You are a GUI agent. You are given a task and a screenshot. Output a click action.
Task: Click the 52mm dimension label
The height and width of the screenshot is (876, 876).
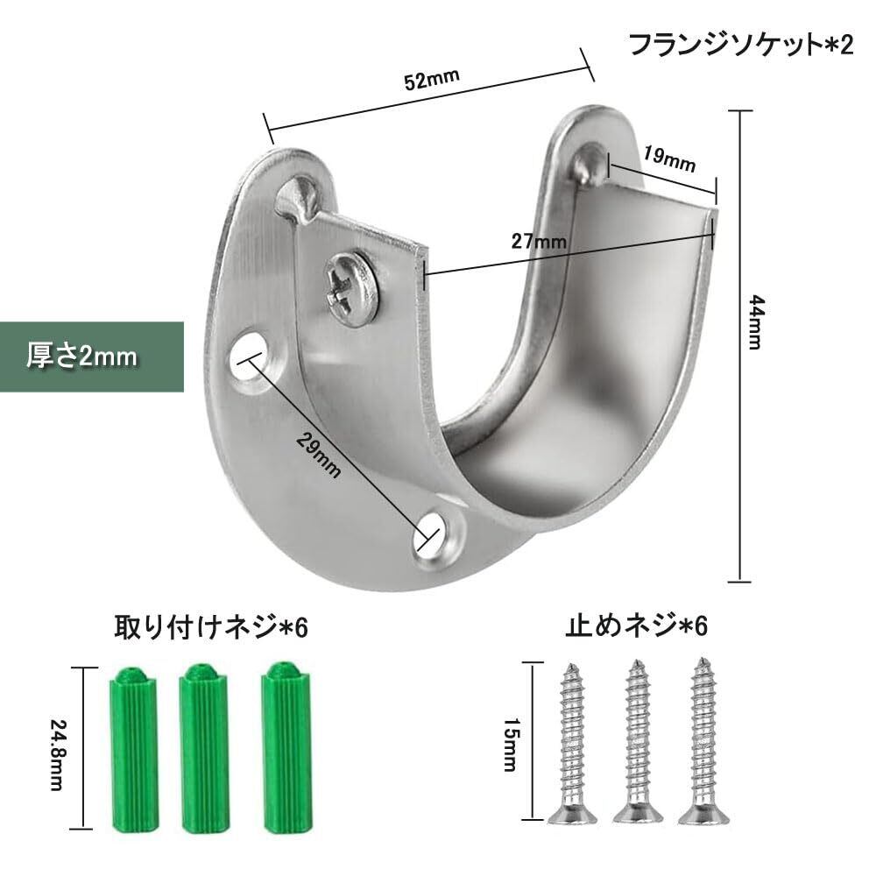[x=431, y=80]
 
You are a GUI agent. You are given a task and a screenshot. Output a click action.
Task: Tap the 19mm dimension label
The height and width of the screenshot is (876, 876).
[x=668, y=159]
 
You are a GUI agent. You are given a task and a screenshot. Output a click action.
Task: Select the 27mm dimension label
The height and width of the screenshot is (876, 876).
[x=539, y=242]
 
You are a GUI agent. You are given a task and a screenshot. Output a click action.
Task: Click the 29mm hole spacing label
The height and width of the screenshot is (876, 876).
[x=319, y=456]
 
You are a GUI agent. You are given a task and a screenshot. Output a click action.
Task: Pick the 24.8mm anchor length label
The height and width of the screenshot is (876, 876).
[x=58, y=755]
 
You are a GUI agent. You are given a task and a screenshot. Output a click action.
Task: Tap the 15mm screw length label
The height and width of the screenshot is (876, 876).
[x=511, y=745]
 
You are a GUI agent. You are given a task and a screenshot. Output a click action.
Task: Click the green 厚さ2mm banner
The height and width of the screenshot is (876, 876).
[x=92, y=357]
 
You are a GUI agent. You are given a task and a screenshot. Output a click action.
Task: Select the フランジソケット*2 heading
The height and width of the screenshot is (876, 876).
[x=741, y=46]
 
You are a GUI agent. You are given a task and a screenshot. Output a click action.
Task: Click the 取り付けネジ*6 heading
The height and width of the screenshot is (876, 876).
[x=211, y=627]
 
